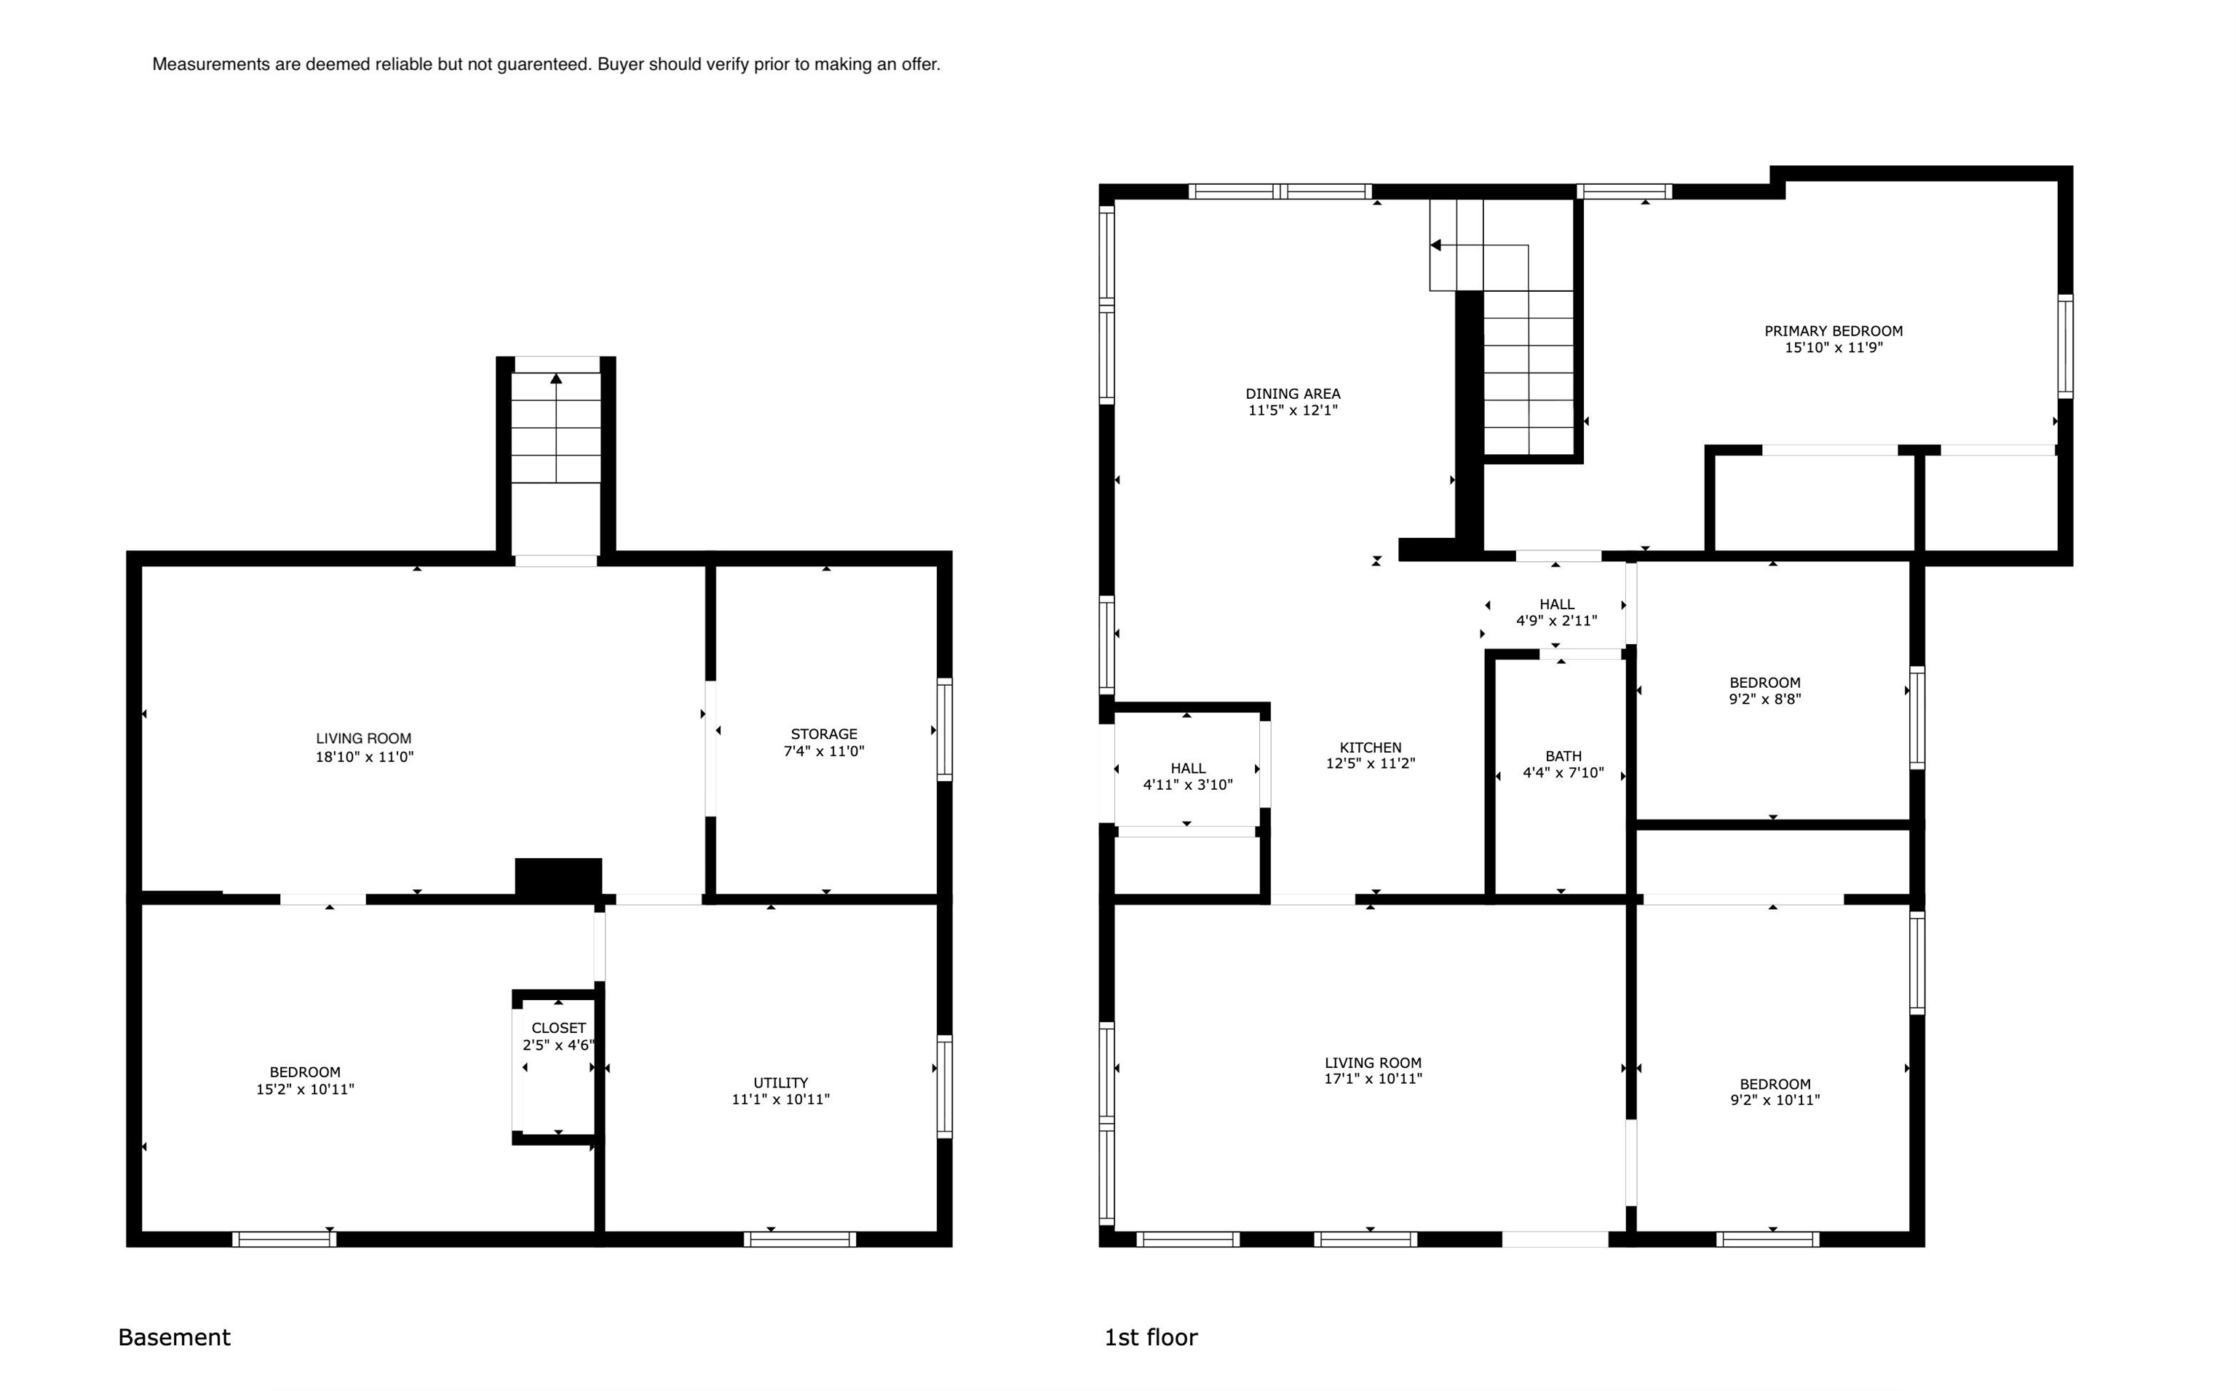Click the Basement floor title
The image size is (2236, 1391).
(174, 1336)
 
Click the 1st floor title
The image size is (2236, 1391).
(1151, 1336)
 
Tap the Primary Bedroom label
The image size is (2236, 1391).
(1833, 331)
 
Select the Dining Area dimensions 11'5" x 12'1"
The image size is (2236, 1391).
(1292, 411)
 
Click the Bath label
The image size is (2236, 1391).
(1563, 756)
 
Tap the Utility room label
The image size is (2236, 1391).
(781, 1083)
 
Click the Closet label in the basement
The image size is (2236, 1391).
(558, 1028)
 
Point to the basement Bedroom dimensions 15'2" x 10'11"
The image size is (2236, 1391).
(306, 1089)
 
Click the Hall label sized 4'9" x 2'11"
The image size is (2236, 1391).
(1557, 604)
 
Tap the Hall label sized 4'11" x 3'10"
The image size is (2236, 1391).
(1189, 768)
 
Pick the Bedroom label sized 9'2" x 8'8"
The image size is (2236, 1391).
(1765, 683)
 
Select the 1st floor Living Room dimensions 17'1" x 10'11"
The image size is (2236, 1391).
(1373, 1078)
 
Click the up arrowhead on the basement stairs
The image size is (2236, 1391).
(555, 378)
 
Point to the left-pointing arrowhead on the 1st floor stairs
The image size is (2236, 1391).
(1435, 245)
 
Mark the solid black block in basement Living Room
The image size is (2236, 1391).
(558, 876)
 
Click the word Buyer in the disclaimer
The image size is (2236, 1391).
(621, 64)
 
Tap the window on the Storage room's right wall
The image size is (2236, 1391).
(945, 729)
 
